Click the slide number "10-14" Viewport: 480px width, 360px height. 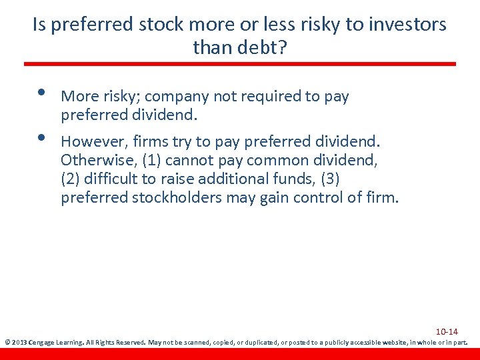pyautogui.click(x=447, y=331)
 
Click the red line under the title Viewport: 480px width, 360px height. pyautogui.click(x=240, y=64)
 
